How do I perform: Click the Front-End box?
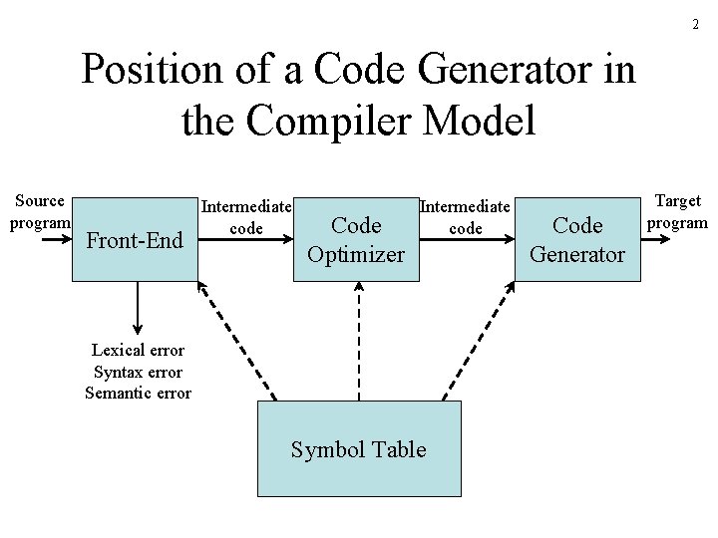coord(135,240)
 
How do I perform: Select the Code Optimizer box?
coord(356,240)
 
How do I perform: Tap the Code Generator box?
coord(577,240)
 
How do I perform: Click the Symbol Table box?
coord(359,449)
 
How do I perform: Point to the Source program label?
coord(40,211)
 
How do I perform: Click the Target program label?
coord(677,211)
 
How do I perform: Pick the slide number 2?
coord(695,24)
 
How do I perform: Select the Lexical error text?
coord(138,350)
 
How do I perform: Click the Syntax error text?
coord(138,372)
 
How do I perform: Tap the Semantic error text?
coord(138,393)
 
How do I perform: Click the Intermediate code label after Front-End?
coord(246,217)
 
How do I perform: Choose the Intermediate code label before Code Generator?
coord(466,217)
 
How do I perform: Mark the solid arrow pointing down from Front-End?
coord(138,309)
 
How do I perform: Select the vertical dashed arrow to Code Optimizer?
coord(359,339)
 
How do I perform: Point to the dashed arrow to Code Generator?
coord(479,339)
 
